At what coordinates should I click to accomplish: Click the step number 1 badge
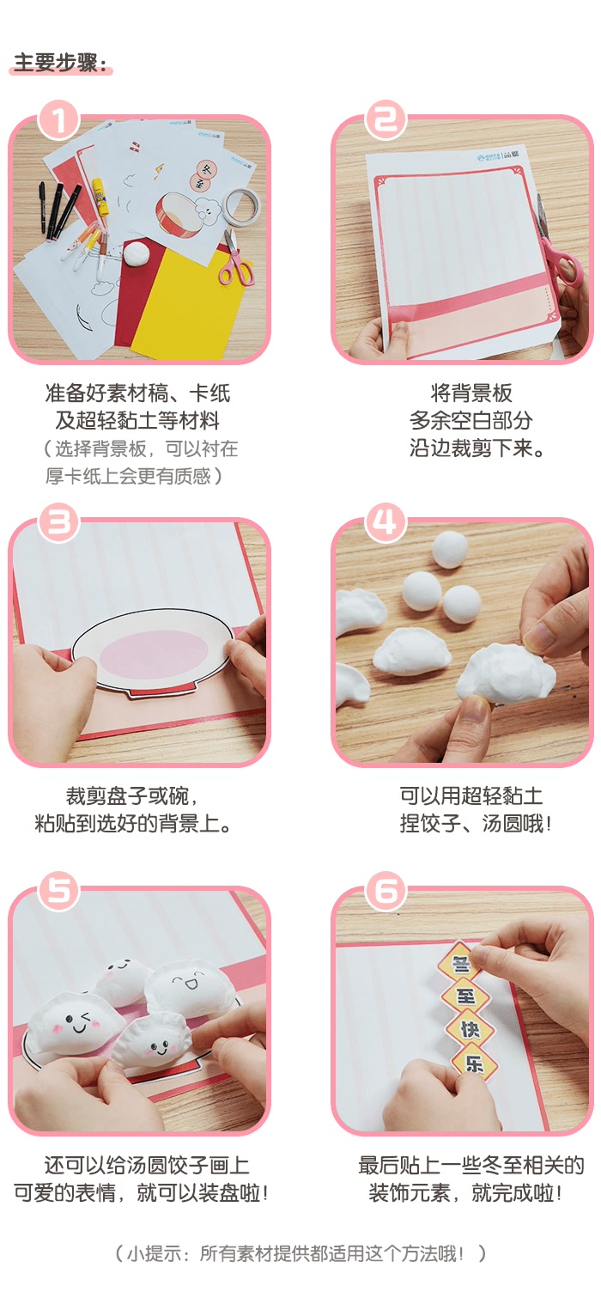[58, 119]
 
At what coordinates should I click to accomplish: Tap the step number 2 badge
[385, 119]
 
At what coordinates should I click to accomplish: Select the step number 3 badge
[58, 522]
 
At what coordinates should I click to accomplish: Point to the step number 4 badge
[385, 522]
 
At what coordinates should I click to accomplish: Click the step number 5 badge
[58, 891]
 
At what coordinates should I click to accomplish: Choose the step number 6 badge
[385, 891]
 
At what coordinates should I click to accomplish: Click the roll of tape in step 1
[242, 205]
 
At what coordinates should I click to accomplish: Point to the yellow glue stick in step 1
[100, 197]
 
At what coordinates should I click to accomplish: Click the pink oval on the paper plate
[155, 655]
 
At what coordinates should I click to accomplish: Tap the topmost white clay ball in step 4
[451, 547]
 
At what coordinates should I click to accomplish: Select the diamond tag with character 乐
[475, 1062]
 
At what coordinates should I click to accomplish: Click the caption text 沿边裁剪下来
[477, 448]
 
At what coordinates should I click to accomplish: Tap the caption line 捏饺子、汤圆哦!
[475, 823]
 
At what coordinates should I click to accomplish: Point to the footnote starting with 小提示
[300, 1253]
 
